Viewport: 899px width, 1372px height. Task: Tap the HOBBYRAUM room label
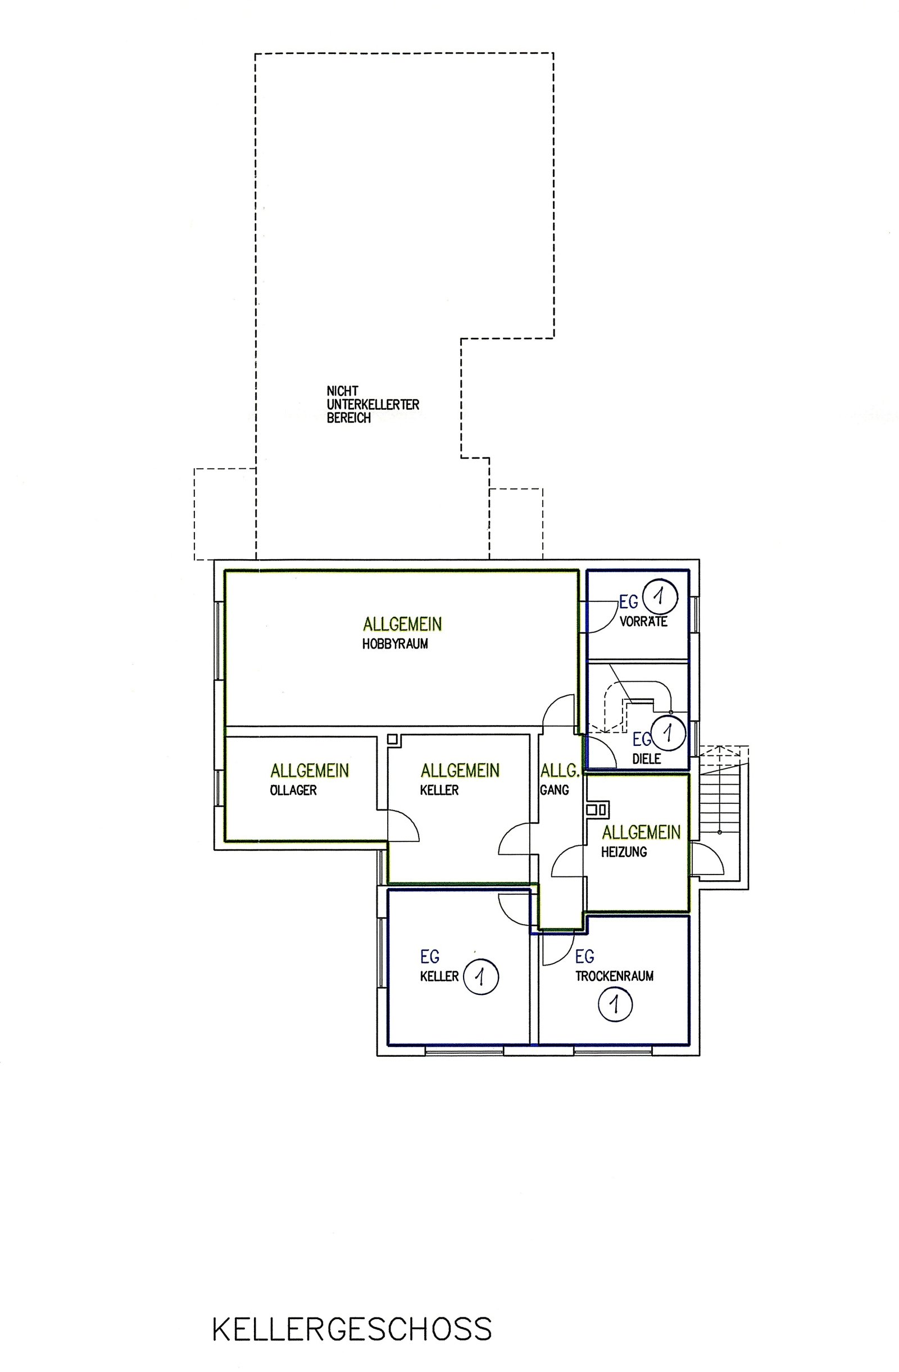coord(395,644)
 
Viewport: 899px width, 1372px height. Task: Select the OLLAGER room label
coord(293,790)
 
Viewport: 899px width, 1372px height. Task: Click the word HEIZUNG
coord(624,852)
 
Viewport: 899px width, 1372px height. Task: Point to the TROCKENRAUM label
coord(614,976)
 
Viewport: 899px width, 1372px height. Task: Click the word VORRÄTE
coord(643,622)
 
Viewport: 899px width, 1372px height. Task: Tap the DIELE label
coord(647,759)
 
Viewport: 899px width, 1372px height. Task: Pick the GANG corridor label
coord(555,790)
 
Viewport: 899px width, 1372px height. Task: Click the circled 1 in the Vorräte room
coord(660,595)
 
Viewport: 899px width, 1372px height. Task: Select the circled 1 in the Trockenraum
coord(615,1004)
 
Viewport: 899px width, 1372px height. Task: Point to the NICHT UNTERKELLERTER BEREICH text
coord(373,405)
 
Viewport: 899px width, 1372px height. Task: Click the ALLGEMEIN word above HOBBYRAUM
coord(402,624)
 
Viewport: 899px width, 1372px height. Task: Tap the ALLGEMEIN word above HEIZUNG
coord(642,832)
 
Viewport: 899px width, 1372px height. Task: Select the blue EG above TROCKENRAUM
coord(585,957)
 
